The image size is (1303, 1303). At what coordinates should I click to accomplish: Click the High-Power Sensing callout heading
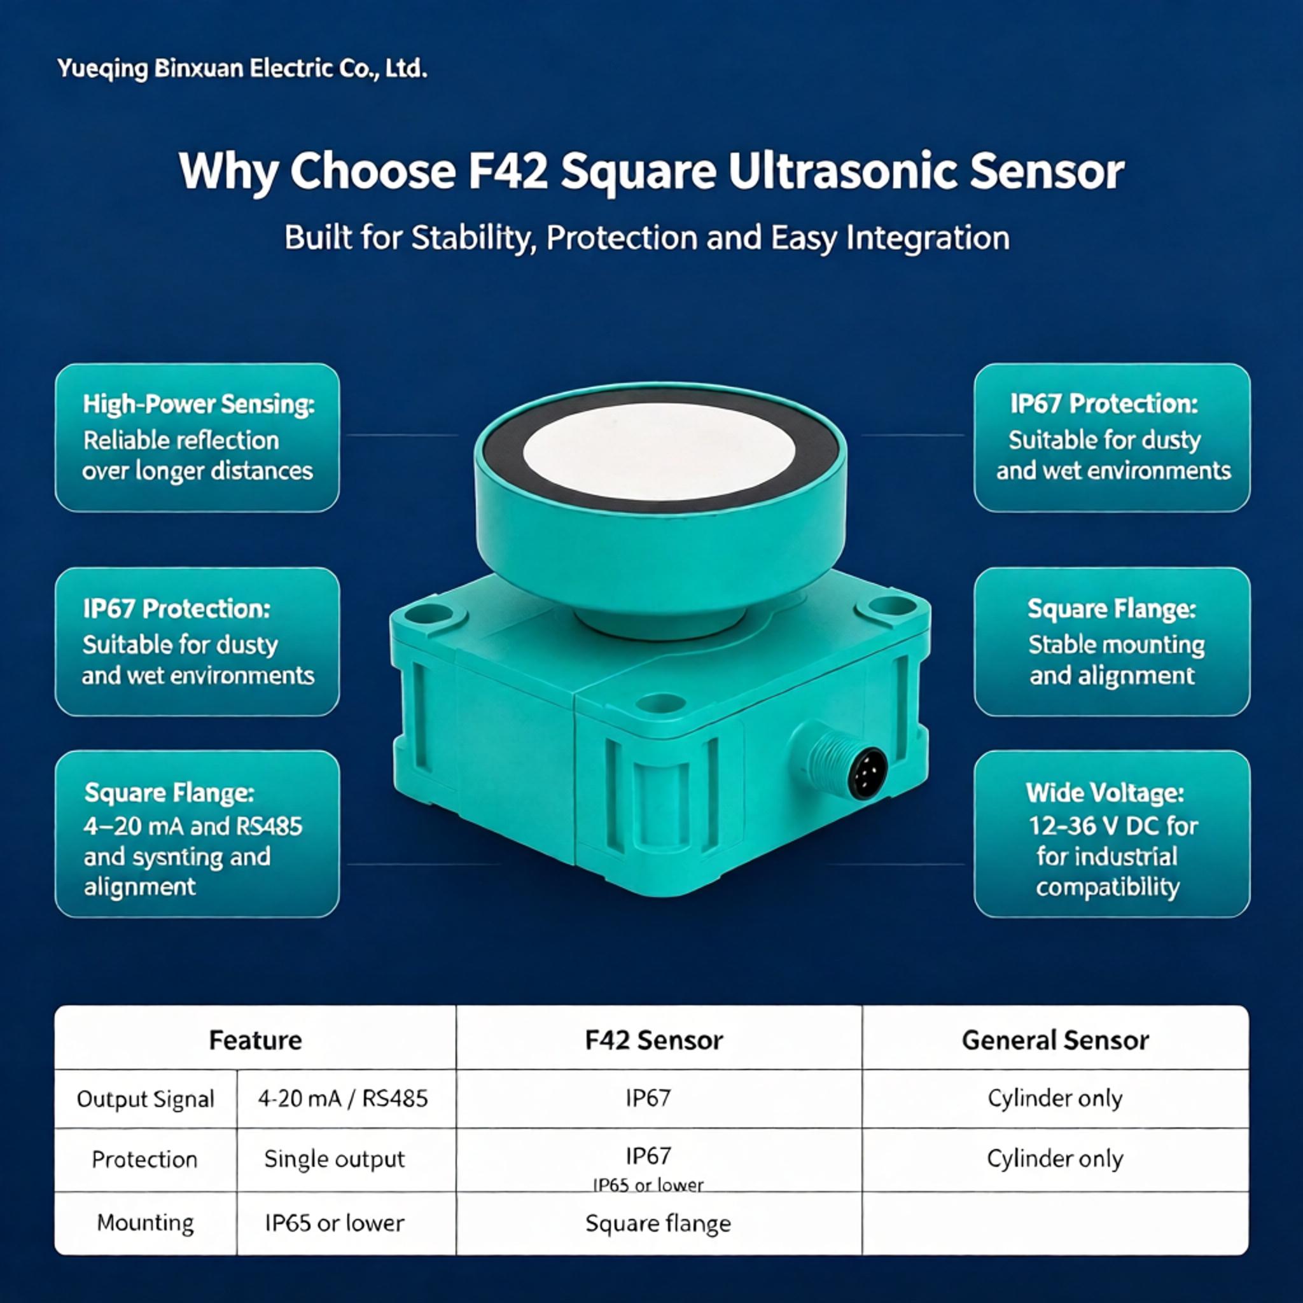[199, 404]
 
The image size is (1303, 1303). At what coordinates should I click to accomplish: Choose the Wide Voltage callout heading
[1104, 793]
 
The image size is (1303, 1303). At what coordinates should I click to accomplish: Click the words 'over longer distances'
[198, 471]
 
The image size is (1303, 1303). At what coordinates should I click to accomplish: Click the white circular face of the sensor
[659, 451]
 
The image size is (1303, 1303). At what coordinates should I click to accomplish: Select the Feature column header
[255, 1040]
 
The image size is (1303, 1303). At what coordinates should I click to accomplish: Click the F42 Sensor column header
[653, 1040]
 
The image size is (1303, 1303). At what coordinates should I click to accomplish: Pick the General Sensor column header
[1055, 1040]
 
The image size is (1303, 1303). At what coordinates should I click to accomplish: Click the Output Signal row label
[145, 1099]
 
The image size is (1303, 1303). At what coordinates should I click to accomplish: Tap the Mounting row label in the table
[145, 1223]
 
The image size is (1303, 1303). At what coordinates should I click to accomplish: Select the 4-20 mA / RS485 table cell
[343, 1099]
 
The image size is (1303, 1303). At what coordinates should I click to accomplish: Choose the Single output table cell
[335, 1159]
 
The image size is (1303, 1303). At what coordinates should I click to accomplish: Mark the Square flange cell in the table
[658, 1223]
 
